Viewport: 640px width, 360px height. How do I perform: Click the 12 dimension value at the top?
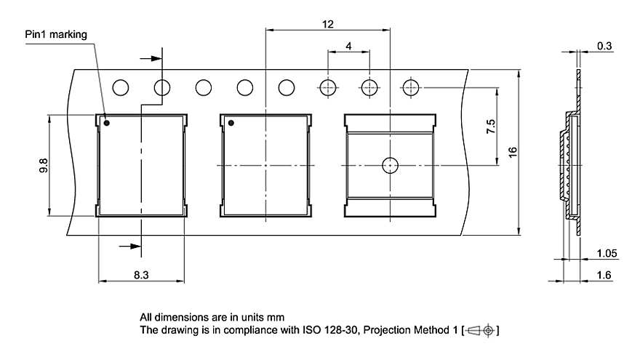328,24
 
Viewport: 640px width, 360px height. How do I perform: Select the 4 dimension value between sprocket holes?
349,46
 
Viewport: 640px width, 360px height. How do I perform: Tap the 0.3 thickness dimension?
604,46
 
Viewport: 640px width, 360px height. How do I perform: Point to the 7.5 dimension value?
491,127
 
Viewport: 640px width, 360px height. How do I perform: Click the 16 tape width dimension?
512,153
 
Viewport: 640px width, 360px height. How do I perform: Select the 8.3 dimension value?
142,275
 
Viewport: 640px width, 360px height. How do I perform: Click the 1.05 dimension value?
607,253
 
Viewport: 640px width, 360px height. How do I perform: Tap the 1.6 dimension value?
604,275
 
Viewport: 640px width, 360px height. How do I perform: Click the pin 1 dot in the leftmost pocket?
106,123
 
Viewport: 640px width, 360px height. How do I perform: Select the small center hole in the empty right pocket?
391,165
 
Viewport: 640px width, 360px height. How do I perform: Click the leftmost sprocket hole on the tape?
120,87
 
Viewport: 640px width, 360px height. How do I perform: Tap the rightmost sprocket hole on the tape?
411,87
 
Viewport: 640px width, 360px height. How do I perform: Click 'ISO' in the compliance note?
308,330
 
